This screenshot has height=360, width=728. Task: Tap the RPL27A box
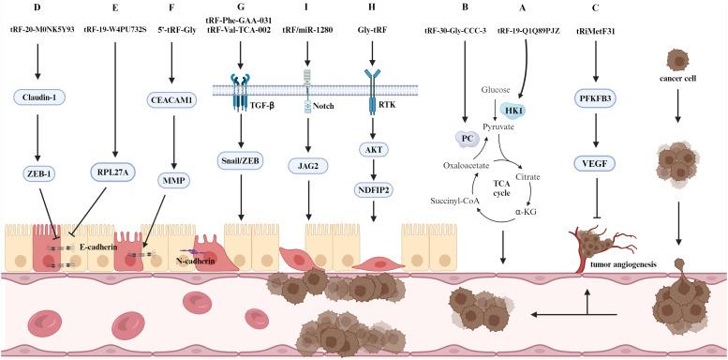(x=115, y=172)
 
